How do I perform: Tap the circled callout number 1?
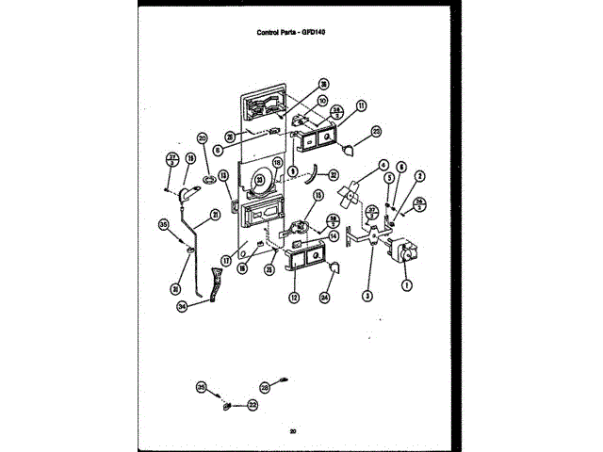click(x=407, y=284)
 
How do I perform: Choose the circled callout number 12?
click(x=293, y=298)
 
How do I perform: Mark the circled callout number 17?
click(x=227, y=260)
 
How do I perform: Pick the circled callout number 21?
click(x=215, y=213)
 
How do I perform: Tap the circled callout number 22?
click(x=253, y=405)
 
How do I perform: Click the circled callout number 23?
click(x=269, y=268)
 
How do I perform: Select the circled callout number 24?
click(x=325, y=298)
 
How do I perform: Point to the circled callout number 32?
click(x=333, y=174)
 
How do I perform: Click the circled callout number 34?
click(x=182, y=306)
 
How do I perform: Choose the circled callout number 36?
click(x=323, y=83)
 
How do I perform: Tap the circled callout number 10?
click(x=322, y=101)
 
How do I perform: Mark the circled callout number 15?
click(x=318, y=196)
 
